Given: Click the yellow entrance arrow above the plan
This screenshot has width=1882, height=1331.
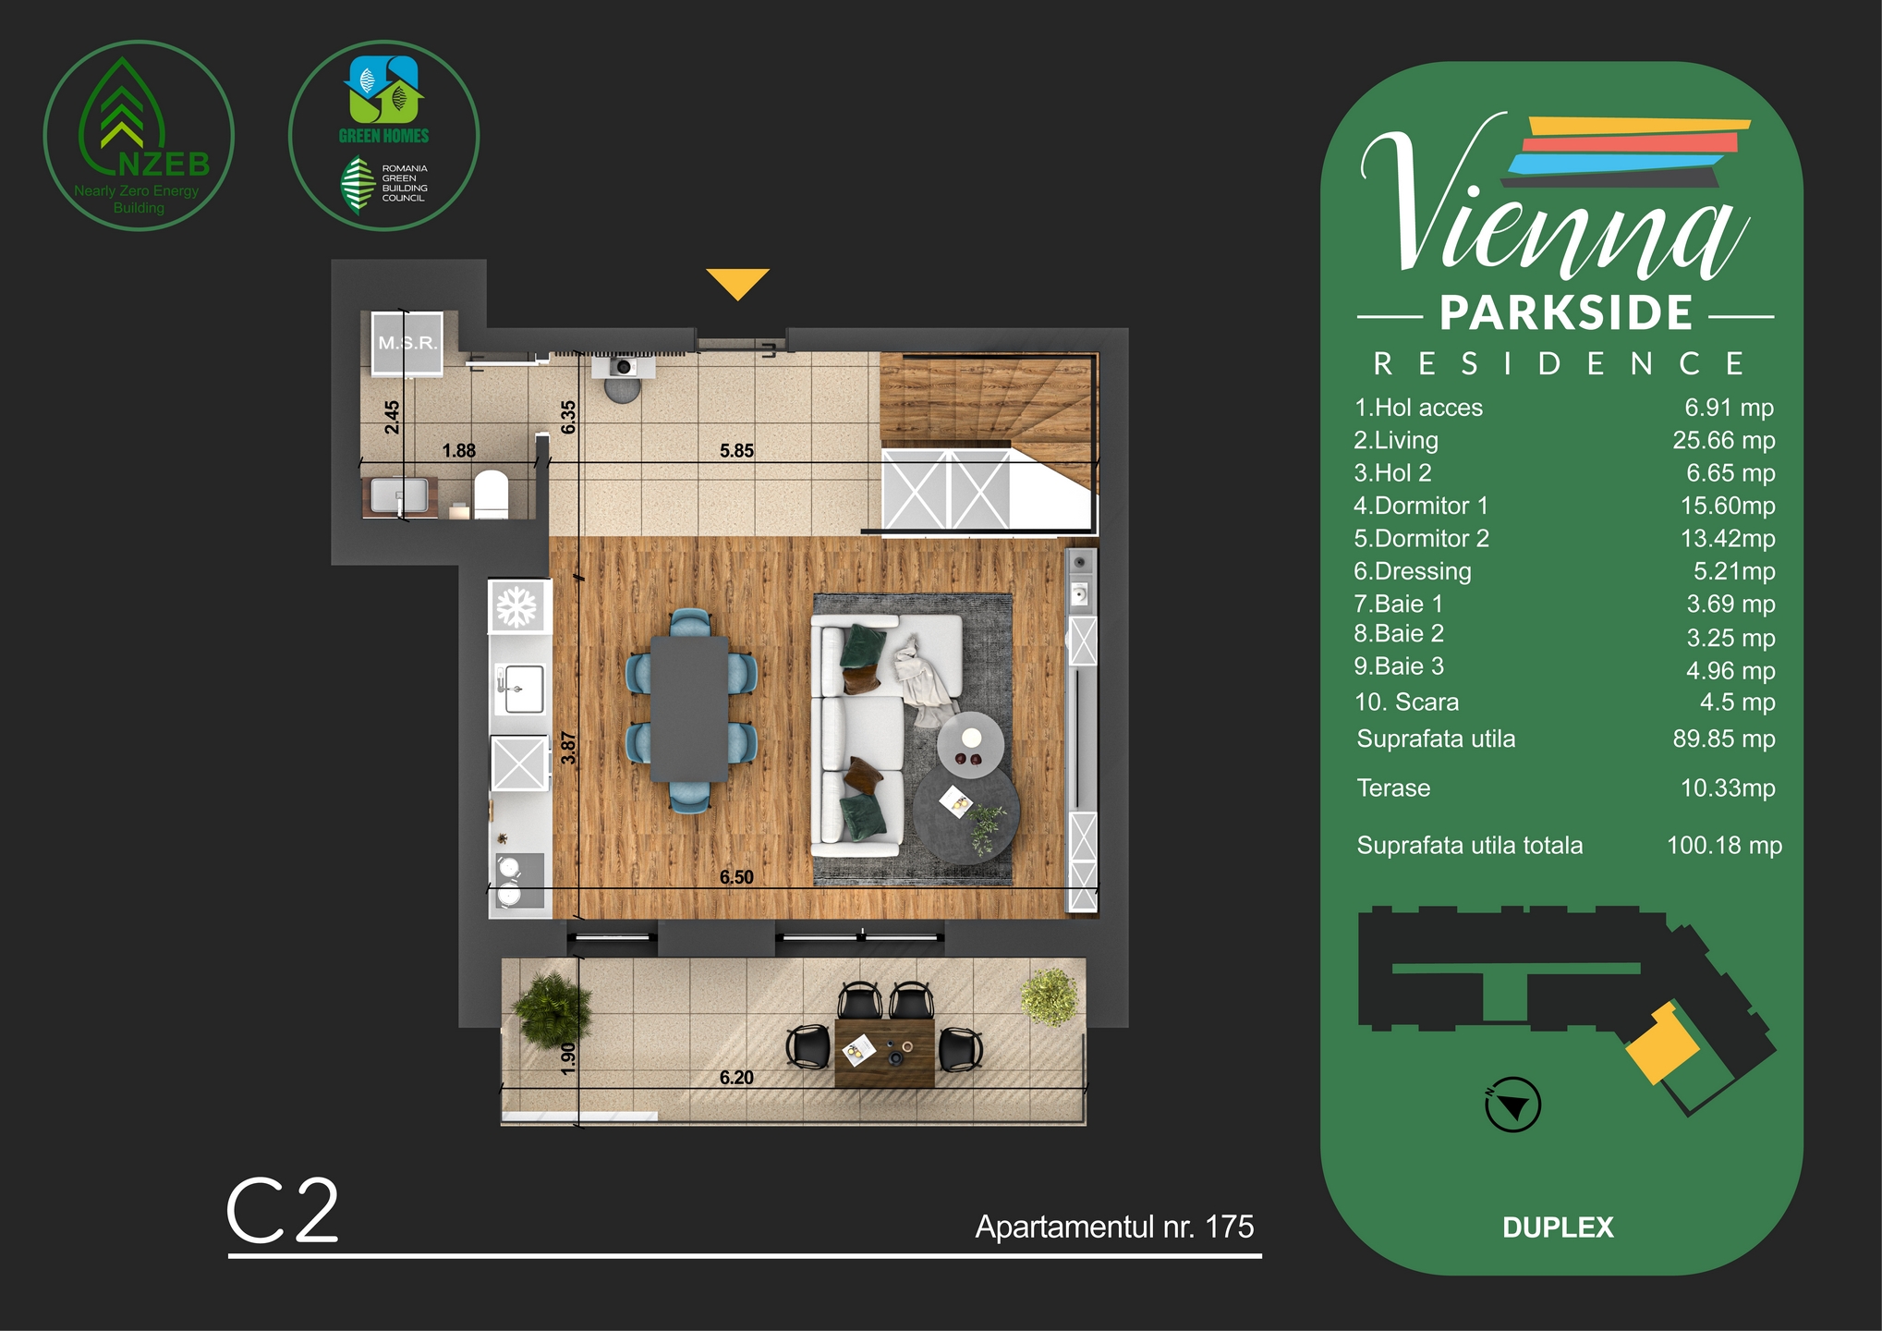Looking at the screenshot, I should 737,282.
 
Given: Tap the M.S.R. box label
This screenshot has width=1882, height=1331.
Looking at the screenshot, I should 407,343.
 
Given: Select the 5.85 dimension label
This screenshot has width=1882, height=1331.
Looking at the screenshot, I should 736,451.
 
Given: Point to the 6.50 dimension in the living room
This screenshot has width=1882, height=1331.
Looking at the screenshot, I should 736,877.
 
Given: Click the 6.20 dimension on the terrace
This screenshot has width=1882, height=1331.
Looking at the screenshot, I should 736,1078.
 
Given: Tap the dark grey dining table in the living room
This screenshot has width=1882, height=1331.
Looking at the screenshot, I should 689,709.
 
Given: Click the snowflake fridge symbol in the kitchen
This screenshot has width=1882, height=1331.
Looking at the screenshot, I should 516,607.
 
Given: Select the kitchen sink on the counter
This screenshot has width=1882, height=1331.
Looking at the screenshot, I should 518,690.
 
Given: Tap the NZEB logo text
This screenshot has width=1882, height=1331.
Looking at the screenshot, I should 164,165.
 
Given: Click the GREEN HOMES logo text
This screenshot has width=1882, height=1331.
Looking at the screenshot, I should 383,136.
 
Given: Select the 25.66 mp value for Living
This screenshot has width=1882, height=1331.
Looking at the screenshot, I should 1723,440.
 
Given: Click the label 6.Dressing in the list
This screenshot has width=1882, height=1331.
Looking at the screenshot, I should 1412,571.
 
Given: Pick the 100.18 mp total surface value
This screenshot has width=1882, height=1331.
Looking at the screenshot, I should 1723,846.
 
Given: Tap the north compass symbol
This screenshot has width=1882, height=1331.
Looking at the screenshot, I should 1512,1105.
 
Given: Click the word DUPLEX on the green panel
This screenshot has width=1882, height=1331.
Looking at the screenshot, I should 1558,1227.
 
